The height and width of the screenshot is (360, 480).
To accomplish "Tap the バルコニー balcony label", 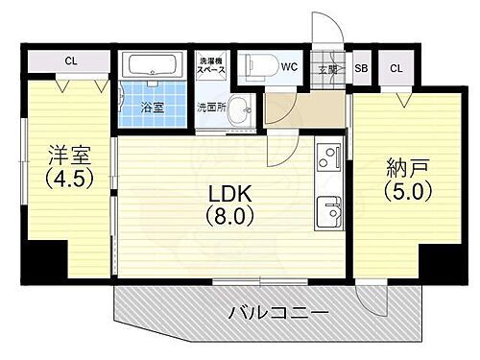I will (278, 313).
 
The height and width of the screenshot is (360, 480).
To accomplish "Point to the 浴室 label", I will (153, 108).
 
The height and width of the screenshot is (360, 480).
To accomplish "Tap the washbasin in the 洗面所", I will (240, 107).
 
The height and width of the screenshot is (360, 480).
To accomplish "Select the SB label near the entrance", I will (361, 68).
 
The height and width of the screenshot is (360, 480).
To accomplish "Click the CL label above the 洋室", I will (70, 61).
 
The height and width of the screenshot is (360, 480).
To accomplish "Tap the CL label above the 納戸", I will (396, 68).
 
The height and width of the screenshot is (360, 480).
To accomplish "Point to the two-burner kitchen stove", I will (328, 156).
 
